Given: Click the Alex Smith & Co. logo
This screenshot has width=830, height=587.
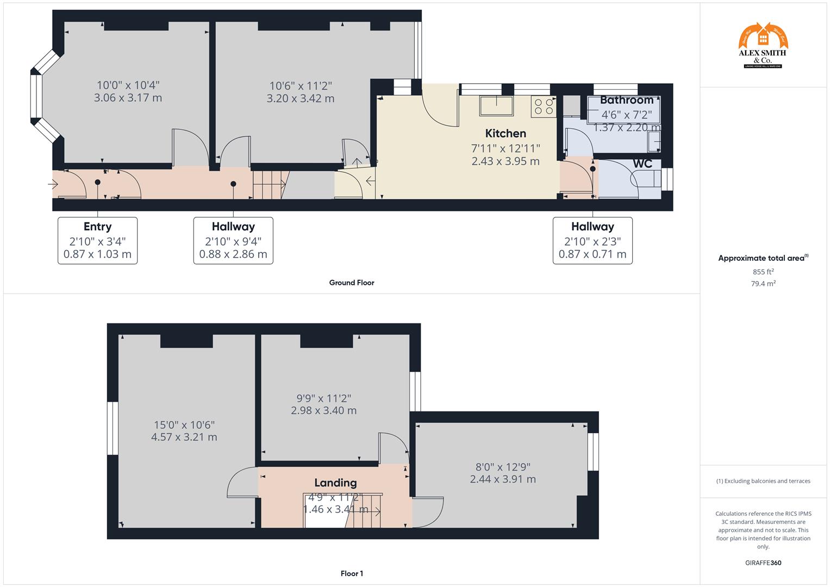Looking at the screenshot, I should pos(763,46).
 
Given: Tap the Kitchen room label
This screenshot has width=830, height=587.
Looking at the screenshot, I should pos(506,133).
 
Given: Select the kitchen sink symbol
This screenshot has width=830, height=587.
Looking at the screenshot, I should pos(496,105).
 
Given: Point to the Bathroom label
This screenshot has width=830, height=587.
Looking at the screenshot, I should pos(627,100).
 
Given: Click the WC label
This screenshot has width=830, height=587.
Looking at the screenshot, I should pos(642,164).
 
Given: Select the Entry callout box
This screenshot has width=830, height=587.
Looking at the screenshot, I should pos(98,240).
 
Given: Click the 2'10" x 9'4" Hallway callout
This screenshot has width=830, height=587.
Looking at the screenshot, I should pos(233,240).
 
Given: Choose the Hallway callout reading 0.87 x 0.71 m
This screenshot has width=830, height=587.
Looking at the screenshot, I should pos(592,240).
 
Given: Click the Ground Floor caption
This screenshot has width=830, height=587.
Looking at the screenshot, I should pos(352,283).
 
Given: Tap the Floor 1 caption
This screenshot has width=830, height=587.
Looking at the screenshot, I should pos(352,573).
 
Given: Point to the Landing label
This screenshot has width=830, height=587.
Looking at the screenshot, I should pos(335,483).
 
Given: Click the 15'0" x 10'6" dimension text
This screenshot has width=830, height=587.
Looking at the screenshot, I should pos(184,425).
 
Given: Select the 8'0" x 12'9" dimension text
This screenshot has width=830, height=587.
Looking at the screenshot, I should pos(503,467).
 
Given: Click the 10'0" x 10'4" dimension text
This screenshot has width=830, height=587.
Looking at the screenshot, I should pos(128,85).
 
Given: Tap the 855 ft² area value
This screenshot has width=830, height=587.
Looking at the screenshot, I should pos(763,272).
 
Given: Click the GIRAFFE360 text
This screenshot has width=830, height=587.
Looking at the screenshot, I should pos(763,563).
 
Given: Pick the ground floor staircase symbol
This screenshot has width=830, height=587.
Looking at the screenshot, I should pos(270,185).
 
